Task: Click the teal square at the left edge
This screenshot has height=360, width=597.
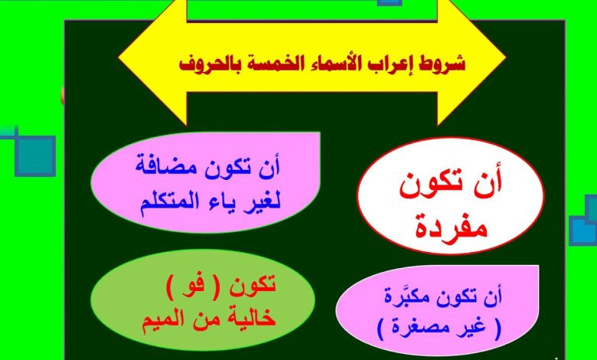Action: (x=35, y=155)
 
